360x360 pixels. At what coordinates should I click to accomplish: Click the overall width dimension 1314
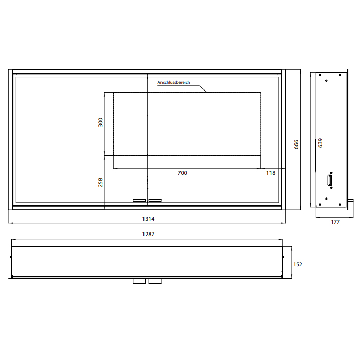[148, 219]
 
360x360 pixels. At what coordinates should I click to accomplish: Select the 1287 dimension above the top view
[148, 234]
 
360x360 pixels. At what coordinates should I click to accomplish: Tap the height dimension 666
[296, 145]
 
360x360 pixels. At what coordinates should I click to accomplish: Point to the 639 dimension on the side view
[320, 143]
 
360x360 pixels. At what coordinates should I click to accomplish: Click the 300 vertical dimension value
[101, 122]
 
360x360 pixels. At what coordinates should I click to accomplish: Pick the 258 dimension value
[101, 182]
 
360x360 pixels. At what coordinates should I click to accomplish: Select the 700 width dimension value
[182, 173]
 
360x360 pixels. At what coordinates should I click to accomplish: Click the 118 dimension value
[271, 173]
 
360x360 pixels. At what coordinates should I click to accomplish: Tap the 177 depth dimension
[335, 222]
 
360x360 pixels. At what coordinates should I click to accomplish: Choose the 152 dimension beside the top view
[298, 264]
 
